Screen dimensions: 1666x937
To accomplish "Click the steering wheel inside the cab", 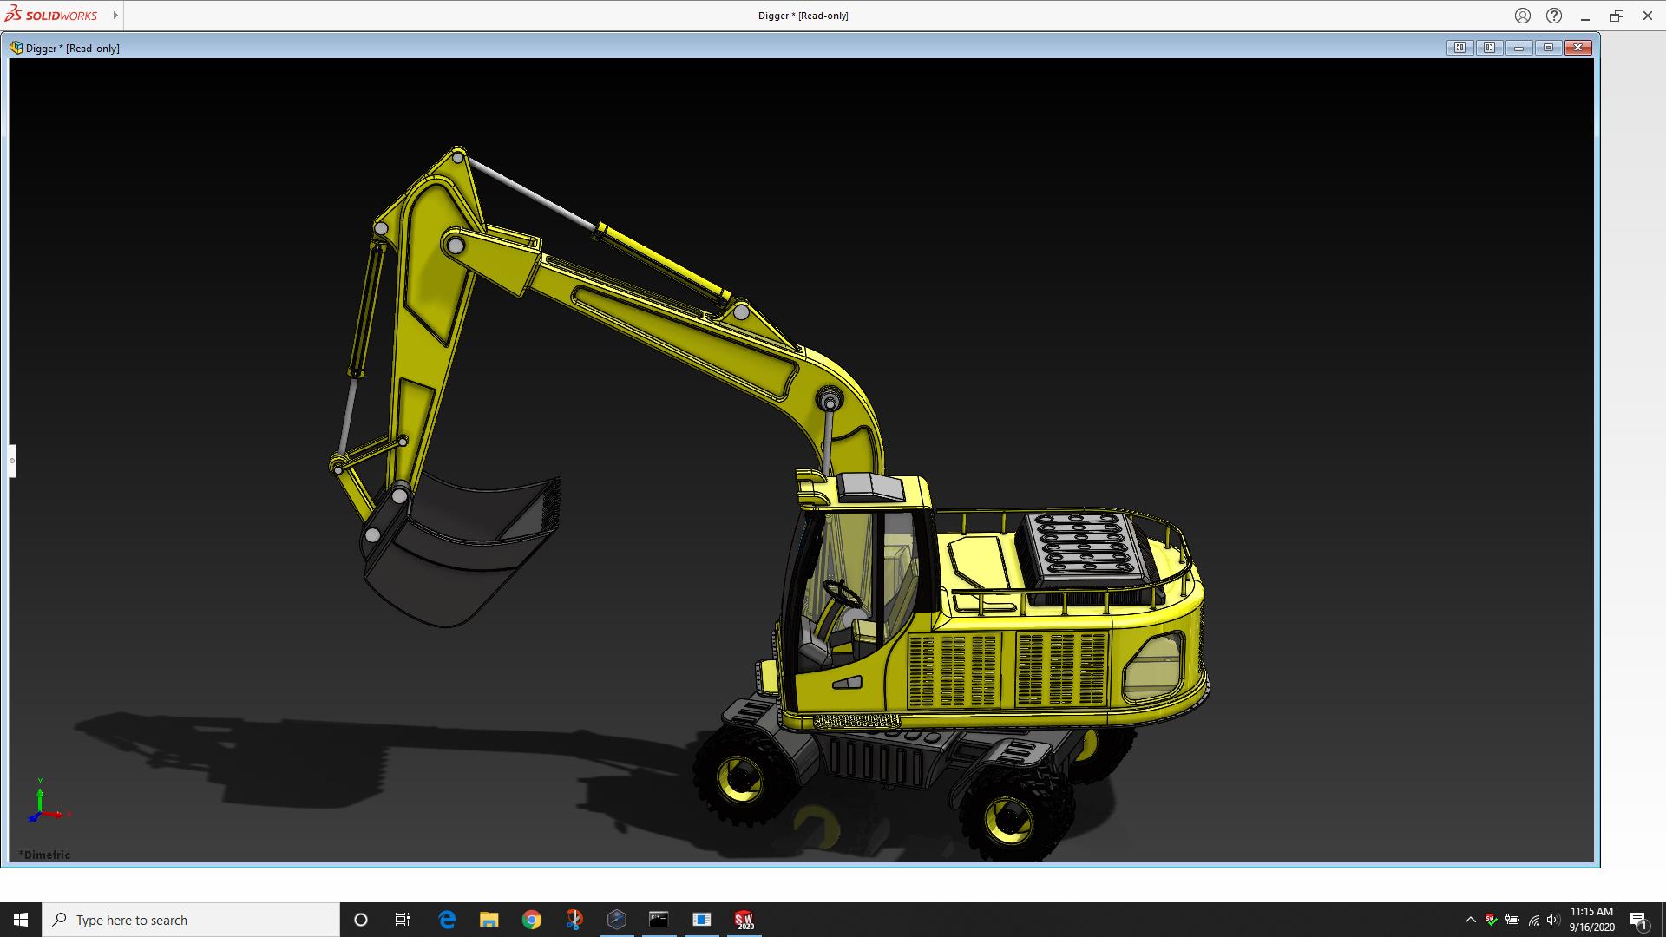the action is pyautogui.click(x=842, y=594).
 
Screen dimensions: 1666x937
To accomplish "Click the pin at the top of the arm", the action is pyautogui.click(x=458, y=158).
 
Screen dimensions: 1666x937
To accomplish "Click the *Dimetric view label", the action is pyautogui.click(x=45, y=855).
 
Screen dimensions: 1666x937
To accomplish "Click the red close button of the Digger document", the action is pyautogui.click(x=1578, y=48).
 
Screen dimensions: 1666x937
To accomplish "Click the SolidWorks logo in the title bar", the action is pyautogui.click(x=51, y=15).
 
